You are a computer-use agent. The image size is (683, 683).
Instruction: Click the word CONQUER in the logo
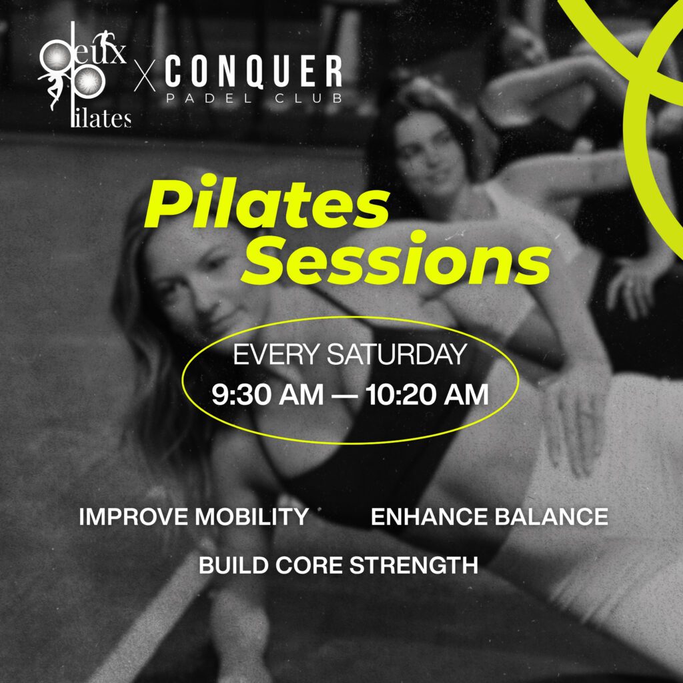(x=253, y=71)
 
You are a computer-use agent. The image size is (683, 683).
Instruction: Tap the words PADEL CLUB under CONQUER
(x=254, y=99)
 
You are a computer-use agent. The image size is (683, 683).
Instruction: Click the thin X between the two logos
(x=145, y=76)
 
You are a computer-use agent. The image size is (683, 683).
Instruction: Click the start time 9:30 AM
(x=267, y=395)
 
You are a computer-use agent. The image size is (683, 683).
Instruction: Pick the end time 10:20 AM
(x=427, y=395)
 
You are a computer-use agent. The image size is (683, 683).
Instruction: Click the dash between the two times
(x=344, y=396)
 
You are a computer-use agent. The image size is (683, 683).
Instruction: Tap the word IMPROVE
(x=133, y=517)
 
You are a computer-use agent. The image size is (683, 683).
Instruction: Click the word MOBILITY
(x=251, y=517)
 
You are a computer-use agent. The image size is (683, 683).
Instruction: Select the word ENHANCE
(x=429, y=517)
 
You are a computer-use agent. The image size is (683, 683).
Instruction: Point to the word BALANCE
(x=551, y=517)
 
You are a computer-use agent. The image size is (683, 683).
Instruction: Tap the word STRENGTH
(x=414, y=566)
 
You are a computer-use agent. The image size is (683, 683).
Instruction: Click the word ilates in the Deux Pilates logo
(x=101, y=118)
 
